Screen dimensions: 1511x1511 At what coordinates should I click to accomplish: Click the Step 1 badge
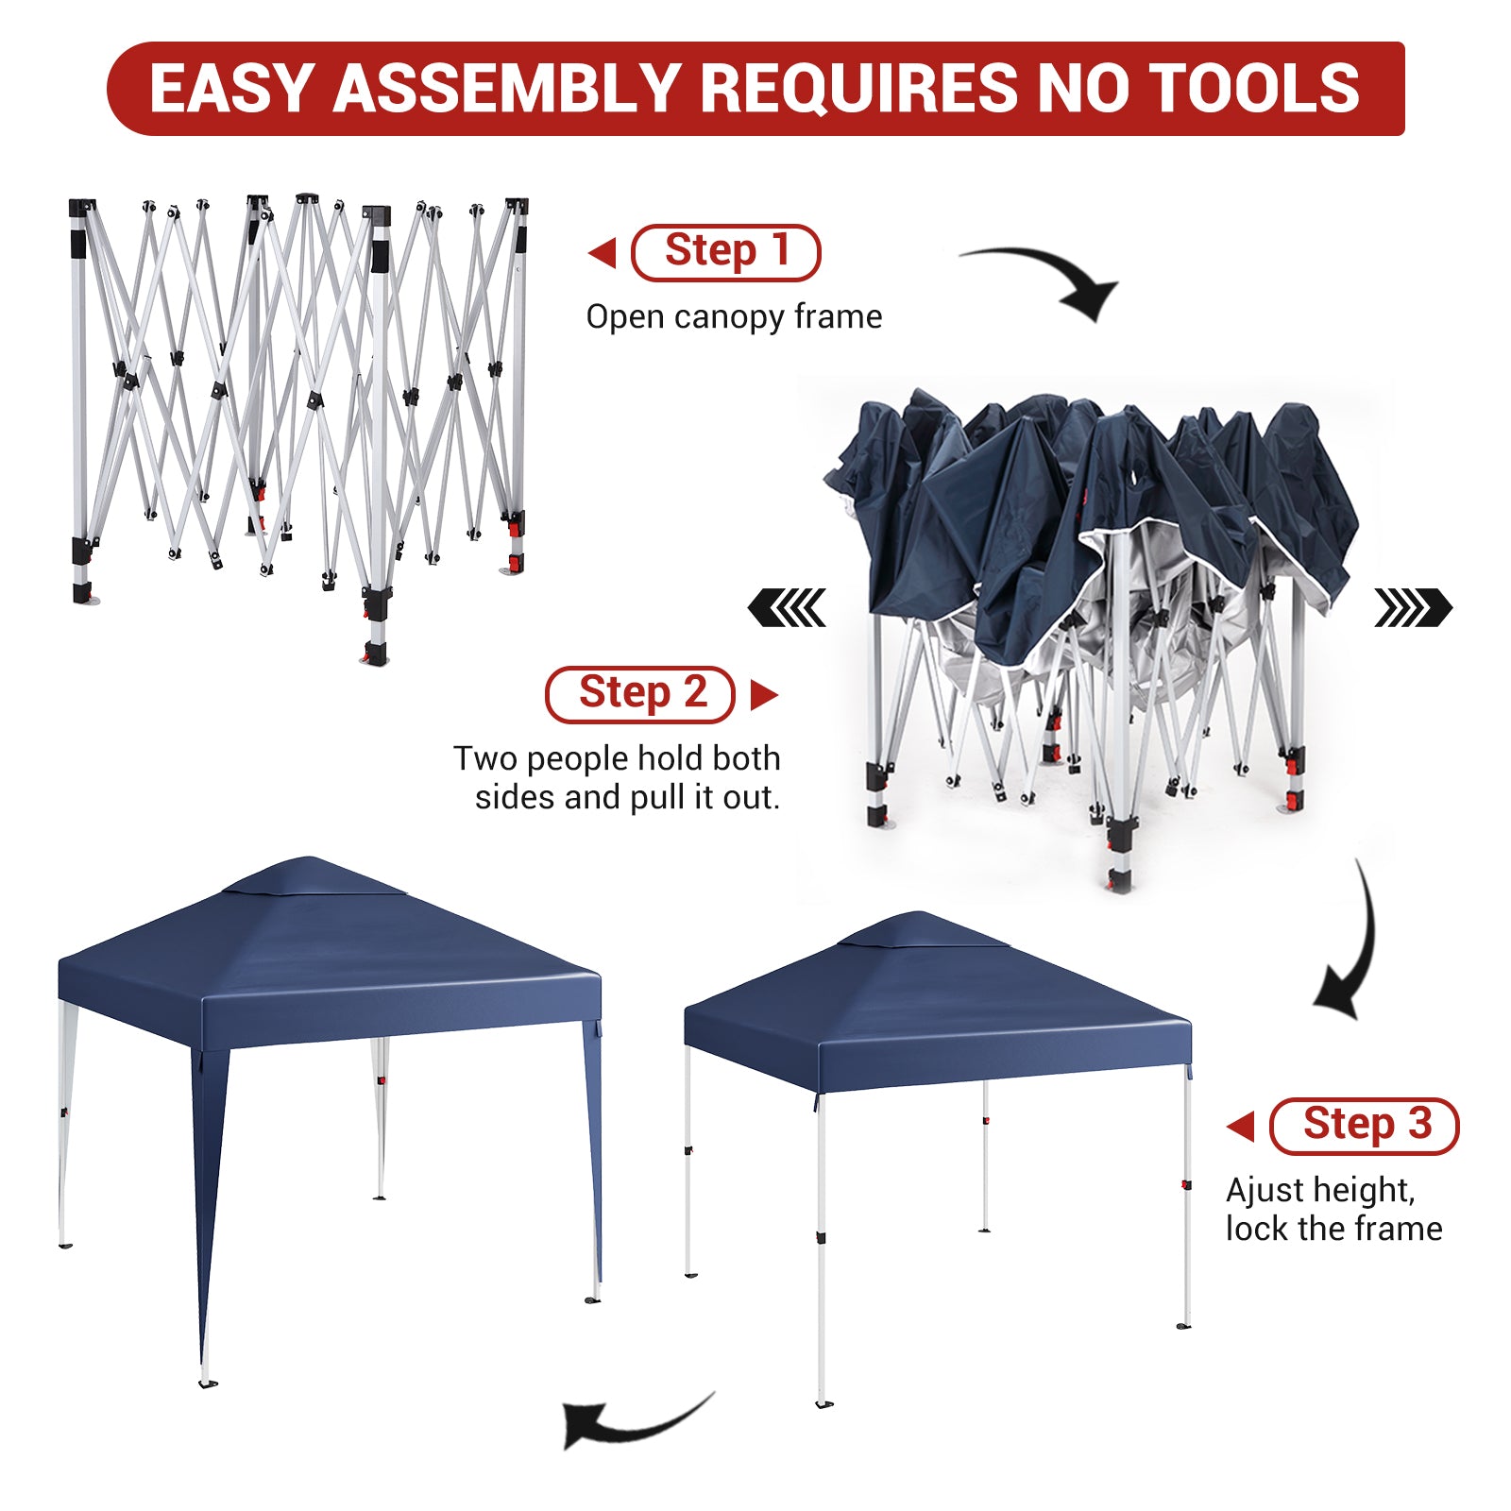pos(725,252)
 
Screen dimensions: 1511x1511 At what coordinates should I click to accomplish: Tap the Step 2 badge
pos(640,694)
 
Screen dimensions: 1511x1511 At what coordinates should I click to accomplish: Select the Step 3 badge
pos(1365,1126)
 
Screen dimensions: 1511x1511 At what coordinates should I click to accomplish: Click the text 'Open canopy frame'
pos(734,317)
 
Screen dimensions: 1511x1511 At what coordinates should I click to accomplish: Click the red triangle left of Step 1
pos(602,253)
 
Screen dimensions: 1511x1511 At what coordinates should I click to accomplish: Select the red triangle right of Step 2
pos(764,695)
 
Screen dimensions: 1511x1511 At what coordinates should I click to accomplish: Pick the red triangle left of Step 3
pos(1240,1126)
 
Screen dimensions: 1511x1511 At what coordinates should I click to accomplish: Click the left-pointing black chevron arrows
pos(787,607)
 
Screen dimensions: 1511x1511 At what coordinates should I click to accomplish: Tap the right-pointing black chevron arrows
pos(1413,607)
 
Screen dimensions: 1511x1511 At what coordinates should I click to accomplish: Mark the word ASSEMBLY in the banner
pos(507,89)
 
